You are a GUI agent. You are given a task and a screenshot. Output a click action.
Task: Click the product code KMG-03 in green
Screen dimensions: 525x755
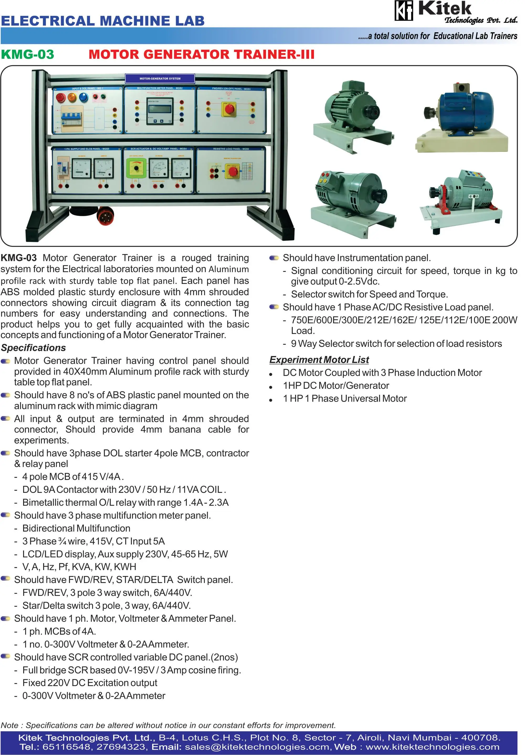(x=28, y=55)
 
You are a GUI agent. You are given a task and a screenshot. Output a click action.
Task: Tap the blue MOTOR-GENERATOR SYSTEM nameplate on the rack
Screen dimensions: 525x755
(x=160, y=79)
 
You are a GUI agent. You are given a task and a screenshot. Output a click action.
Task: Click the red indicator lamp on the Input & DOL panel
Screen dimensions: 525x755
(x=61, y=97)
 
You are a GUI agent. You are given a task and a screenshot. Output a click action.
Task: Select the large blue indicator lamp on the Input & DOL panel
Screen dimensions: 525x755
(x=83, y=97)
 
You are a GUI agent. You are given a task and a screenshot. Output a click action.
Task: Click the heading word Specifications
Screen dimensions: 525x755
(x=33, y=348)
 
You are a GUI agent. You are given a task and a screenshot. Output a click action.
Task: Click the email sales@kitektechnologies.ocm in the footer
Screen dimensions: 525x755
(x=257, y=747)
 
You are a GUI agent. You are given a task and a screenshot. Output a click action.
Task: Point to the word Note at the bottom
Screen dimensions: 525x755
(x=9, y=725)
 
